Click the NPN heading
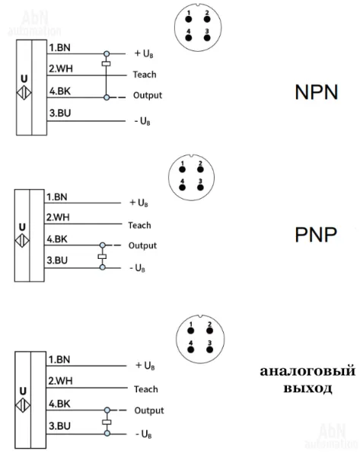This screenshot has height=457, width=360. [x=317, y=92]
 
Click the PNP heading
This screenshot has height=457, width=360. [x=316, y=235]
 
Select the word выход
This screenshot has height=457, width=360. [x=307, y=388]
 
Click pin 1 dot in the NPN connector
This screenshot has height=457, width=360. [x=189, y=20]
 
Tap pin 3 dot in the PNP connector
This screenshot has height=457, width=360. [x=200, y=187]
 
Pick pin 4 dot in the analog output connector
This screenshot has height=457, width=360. [x=191, y=350]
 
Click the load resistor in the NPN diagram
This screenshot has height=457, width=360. [x=106, y=63]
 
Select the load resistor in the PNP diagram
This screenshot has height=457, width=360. [x=102, y=257]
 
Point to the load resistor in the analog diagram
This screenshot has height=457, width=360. [x=107, y=422]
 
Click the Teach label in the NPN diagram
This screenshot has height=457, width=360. [x=145, y=75]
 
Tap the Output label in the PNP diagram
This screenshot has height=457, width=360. [x=142, y=245]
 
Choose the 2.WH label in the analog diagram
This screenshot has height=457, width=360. [x=60, y=381]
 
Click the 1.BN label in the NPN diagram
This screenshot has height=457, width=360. [x=59, y=47]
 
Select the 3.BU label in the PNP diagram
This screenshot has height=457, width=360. [x=57, y=260]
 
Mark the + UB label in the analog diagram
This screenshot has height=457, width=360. [x=145, y=366]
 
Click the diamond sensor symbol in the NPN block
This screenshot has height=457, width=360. [x=24, y=93]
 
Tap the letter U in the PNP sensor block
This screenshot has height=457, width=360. [x=22, y=227]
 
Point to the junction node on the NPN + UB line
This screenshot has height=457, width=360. [x=107, y=53]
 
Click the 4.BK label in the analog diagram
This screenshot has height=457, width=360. [x=59, y=404]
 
